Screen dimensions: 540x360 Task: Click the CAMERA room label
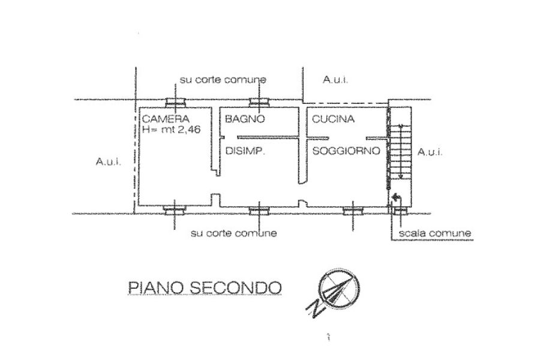point(166,119)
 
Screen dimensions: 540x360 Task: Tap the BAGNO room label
point(245,119)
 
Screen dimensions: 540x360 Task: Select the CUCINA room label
point(333,119)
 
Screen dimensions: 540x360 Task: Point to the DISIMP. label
point(245,151)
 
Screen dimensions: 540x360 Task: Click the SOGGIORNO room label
point(346,151)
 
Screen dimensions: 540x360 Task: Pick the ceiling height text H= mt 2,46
point(171,130)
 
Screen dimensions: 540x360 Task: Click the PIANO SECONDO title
point(205,287)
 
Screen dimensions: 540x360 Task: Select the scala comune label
point(434,233)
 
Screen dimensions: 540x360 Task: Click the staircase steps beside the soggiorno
point(401,152)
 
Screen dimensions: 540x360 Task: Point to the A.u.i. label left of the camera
point(109,161)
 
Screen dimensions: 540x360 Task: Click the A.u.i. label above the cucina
point(335,80)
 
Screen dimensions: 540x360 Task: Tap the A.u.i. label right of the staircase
point(430,152)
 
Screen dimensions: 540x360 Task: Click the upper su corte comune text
point(223,80)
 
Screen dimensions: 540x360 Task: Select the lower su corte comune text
point(233,233)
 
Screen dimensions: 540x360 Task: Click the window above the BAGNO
point(259,102)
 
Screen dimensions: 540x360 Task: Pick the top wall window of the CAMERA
point(176,102)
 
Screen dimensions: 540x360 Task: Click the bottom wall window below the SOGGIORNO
point(353,210)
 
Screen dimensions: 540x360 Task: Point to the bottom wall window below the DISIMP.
point(259,210)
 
